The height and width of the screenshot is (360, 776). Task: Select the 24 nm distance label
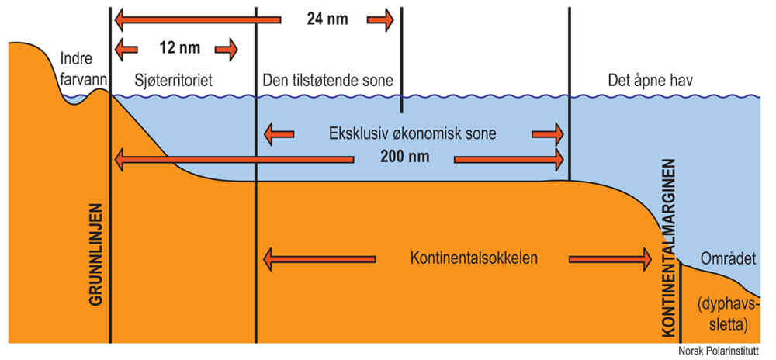coord(327,19)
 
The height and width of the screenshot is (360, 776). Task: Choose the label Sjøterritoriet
coord(173,81)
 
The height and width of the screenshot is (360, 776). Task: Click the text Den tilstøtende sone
coord(328,81)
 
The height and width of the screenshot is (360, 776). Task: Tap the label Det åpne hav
coord(656,81)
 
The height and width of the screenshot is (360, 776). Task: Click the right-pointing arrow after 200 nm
coord(509,159)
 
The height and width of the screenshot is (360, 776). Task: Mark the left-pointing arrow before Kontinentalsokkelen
coord(320,257)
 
